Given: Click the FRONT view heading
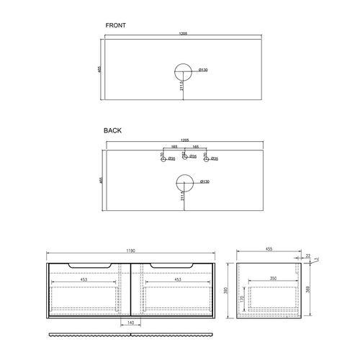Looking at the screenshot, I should [x=115, y=25].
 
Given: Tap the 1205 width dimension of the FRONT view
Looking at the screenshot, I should [x=184, y=33].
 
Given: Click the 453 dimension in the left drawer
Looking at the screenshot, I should [x=84, y=279].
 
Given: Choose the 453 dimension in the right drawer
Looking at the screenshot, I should [x=176, y=279].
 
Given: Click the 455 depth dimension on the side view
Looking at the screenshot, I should [x=269, y=250].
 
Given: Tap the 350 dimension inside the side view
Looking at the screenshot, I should [x=273, y=278].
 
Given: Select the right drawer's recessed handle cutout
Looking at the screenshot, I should [x=171, y=266].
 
